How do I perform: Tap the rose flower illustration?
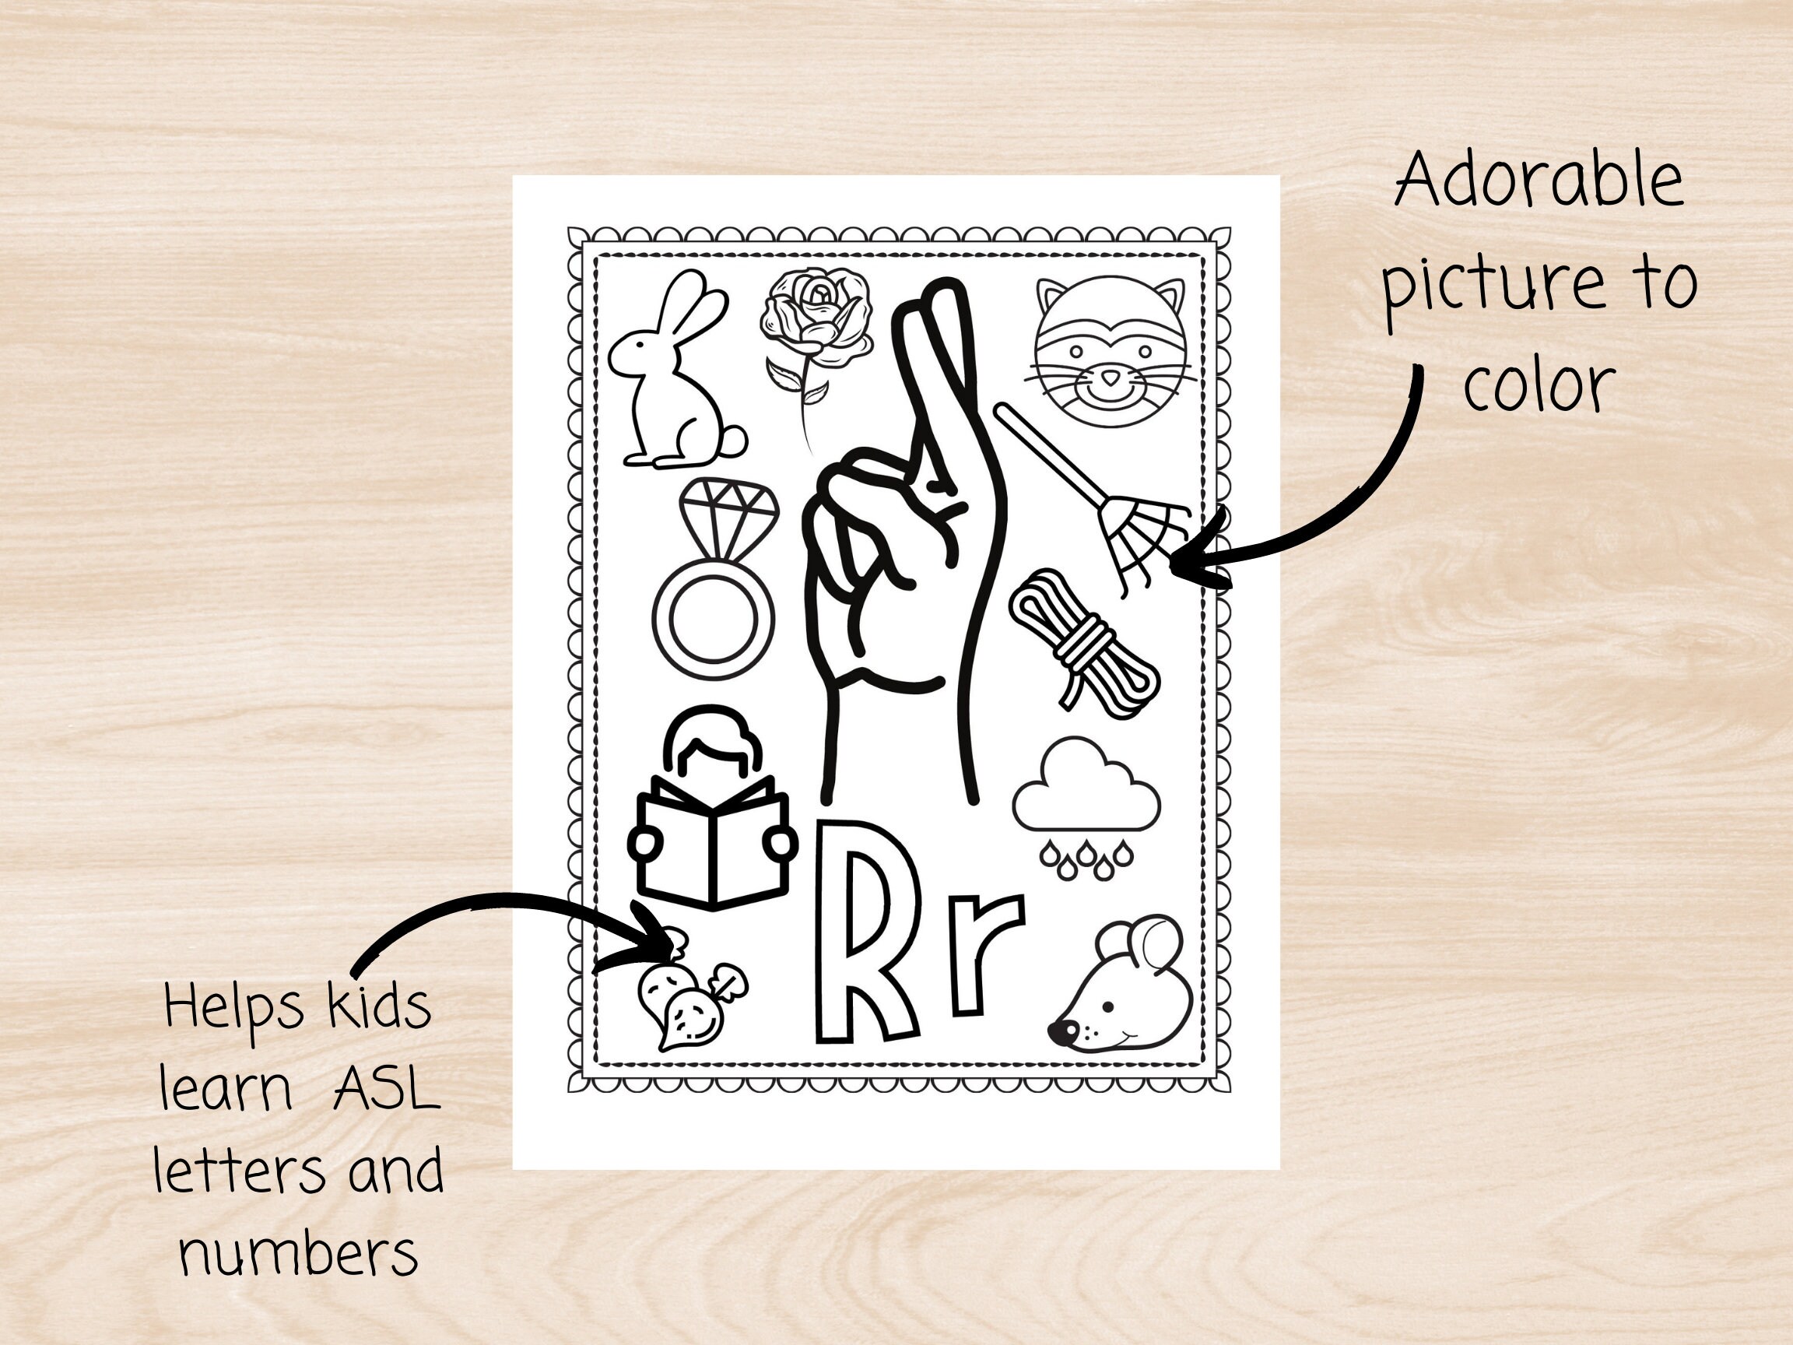(x=817, y=325)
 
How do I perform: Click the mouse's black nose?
(x=1058, y=1031)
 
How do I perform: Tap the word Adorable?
(x=1539, y=183)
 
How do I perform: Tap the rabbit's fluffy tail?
(x=733, y=441)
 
